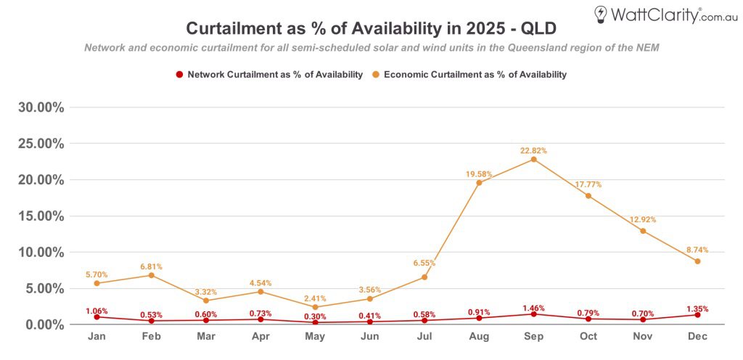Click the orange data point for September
533,159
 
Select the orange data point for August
479,182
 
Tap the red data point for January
97,317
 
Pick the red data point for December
697,315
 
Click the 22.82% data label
533,150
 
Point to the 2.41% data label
315,298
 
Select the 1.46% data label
533,308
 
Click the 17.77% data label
588,184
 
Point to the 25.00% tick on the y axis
41,144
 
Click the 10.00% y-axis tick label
41,253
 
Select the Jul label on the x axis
424,337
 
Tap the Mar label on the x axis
206,337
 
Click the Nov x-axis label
643,337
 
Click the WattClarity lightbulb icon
600,14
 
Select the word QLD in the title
537,28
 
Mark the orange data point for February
151,275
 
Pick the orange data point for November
643,231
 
